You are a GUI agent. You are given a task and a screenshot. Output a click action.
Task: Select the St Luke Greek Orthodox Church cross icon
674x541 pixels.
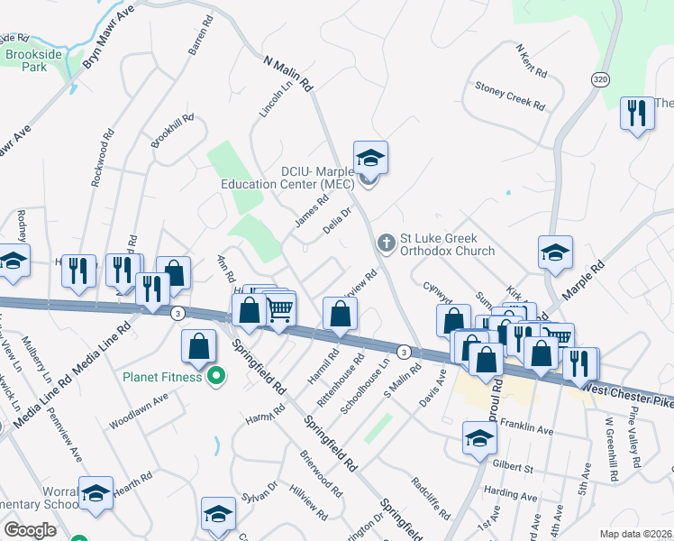387,243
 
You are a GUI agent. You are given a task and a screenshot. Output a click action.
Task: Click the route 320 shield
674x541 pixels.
600,80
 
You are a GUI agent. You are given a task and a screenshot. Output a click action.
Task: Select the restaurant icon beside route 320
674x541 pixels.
637,114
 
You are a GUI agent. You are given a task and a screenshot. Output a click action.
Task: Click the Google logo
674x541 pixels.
30,530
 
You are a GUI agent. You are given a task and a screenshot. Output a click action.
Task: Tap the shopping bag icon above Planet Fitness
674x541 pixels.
197,346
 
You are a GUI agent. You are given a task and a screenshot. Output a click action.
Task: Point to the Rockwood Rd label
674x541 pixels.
103,156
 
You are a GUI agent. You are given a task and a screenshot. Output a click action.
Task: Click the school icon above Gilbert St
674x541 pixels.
479,438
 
